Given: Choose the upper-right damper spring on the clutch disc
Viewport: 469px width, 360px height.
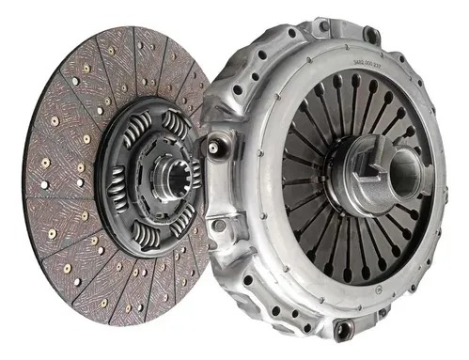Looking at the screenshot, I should pyautogui.click(x=177, y=121).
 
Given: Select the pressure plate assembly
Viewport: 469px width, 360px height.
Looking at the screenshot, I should pyautogui.click(x=338, y=179).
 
